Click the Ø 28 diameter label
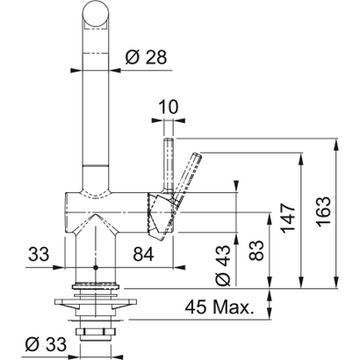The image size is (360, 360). click(x=142, y=58)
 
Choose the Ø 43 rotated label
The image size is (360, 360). click(x=222, y=264)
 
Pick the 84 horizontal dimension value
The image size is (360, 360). click(x=144, y=256)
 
